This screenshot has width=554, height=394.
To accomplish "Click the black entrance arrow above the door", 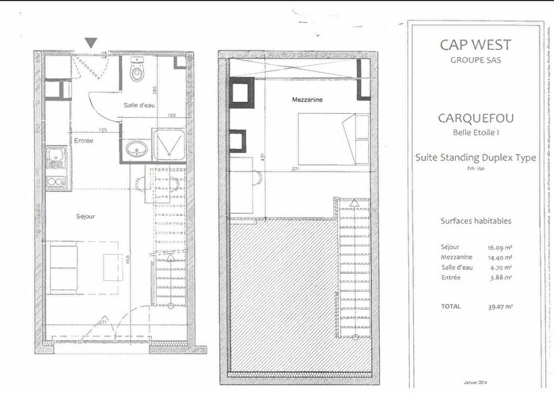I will [x=92, y=43].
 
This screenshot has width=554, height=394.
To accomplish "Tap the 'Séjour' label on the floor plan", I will [x=85, y=215].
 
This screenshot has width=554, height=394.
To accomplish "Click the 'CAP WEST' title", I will [x=476, y=45].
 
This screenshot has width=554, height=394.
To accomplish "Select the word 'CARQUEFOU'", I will [x=476, y=119].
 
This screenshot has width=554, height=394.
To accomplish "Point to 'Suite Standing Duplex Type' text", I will [x=476, y=157].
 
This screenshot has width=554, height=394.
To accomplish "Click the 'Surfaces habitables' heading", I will [x=474, y=222].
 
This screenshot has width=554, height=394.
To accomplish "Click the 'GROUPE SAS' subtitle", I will [x=476, y=60].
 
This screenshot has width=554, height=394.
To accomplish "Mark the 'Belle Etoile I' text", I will [x=476, y=134].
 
